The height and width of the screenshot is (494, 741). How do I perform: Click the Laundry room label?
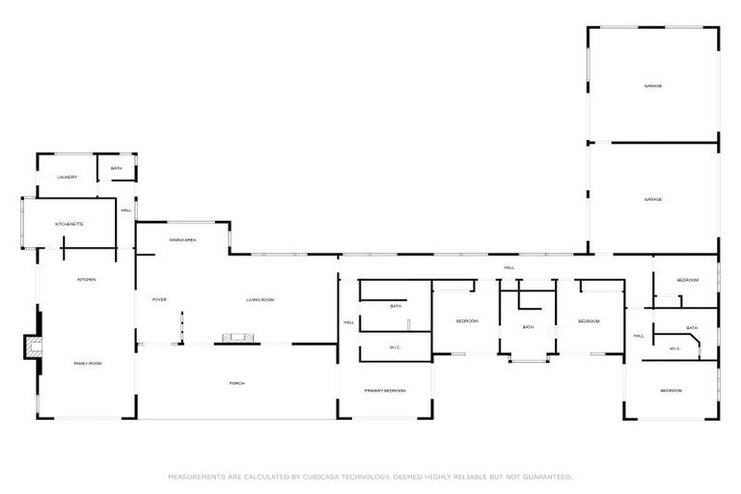pos(67,178)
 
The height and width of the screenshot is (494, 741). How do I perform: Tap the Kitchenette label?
pos(69,224)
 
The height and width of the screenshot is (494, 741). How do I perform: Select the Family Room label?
pos(88,363)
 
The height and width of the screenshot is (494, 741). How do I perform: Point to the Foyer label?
pos(160,300)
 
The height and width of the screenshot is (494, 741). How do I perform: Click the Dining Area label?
pos(183,239)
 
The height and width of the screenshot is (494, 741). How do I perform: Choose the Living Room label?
pos(261,300)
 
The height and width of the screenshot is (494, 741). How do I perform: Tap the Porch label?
pos(236,383)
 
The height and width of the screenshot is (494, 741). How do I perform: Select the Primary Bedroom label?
pos(385,391)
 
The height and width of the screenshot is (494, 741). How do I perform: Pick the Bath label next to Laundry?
pos(117,170)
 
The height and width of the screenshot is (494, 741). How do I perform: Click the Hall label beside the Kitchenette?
pos(126,211)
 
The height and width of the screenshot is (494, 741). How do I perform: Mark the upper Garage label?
pos(653,87)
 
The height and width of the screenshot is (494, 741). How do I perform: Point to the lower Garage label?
pos(653,199)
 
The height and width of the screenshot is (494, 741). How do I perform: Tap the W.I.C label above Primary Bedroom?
pos(396,347)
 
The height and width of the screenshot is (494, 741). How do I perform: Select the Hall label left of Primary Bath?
pos(348,322)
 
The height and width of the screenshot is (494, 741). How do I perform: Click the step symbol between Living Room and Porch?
pos(237,338)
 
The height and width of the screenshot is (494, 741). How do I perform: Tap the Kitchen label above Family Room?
pos(87,280)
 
